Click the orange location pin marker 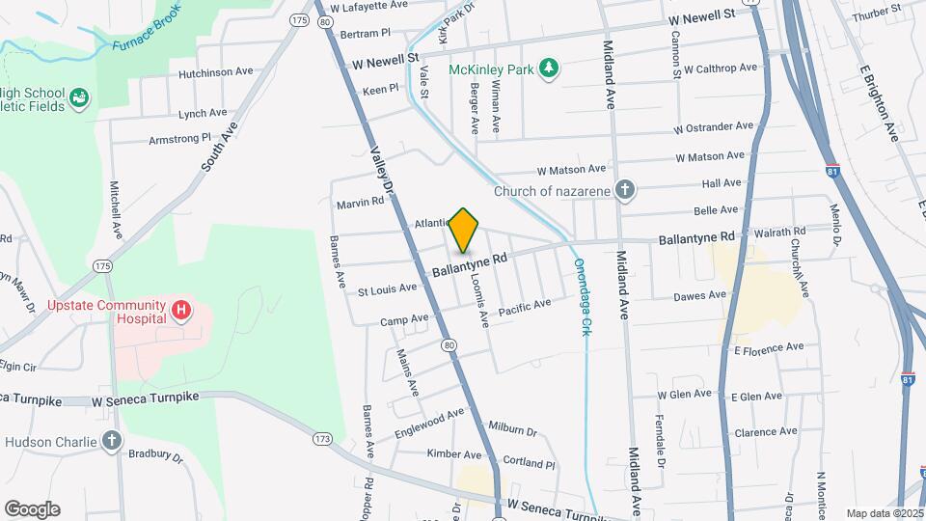click(x=464, y=230)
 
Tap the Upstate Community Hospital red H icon click(x=180, y=310)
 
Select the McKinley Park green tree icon click(x=549, y=68)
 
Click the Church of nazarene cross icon click(x=625, y=190)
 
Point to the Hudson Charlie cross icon click(x=113, y=442)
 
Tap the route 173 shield click(x=322, y=439)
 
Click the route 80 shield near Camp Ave click(x=449, y=344)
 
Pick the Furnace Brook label click(x=147, y=37)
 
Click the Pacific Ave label click(x=524, y=308)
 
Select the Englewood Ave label click(x=428, y=420)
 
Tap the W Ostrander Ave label click(x=714, y=126)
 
